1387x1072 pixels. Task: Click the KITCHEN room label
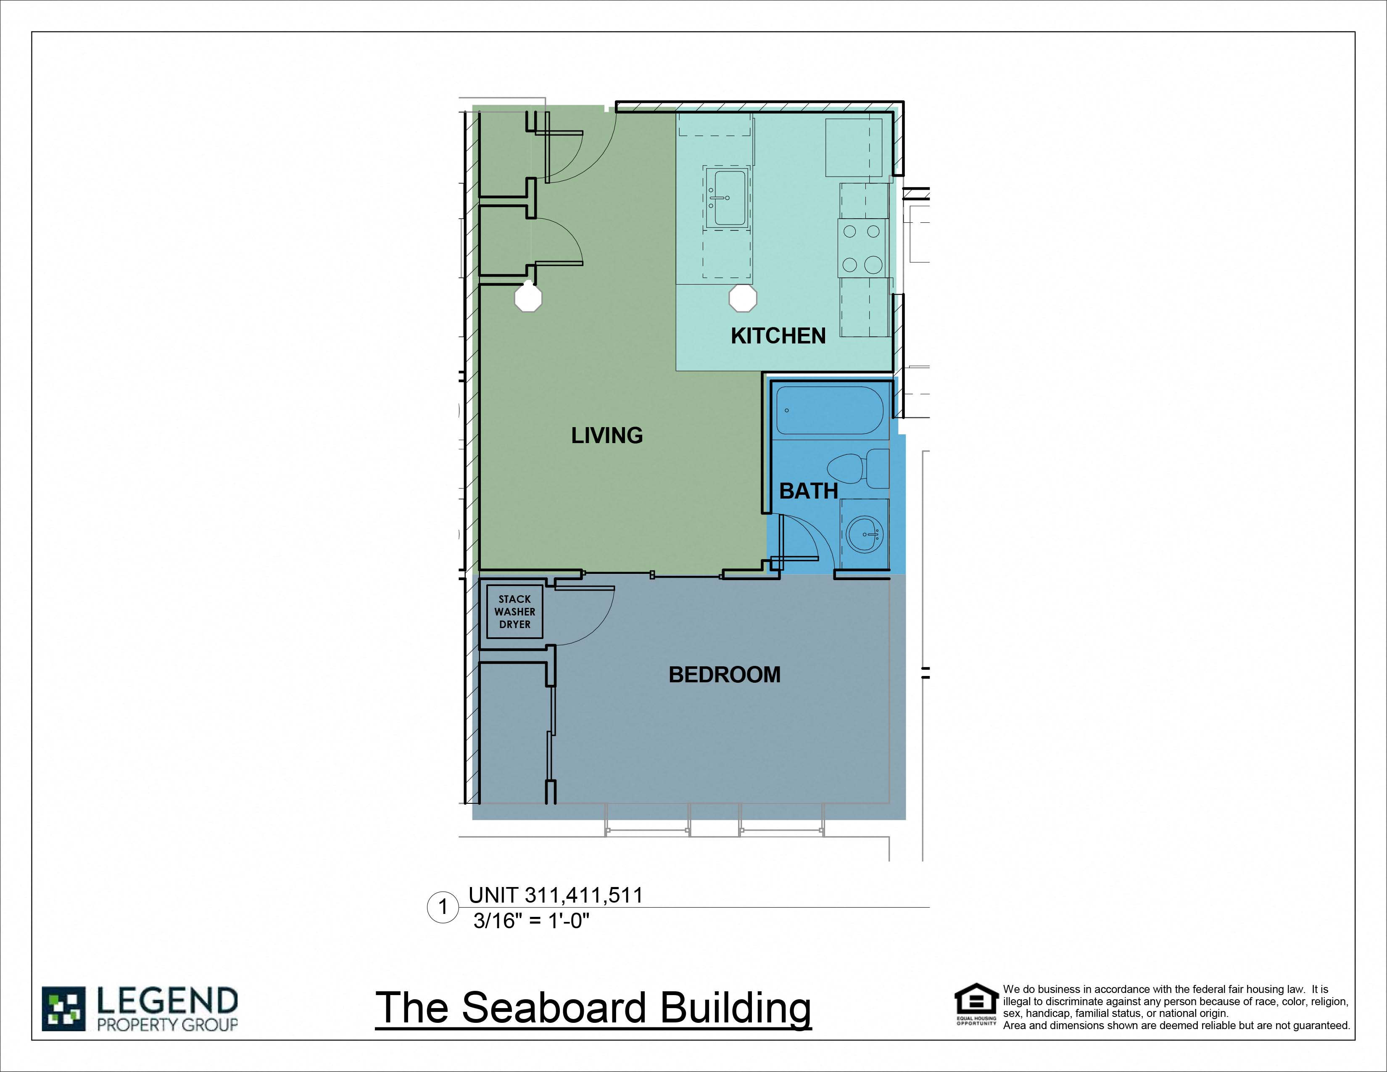[778, 336]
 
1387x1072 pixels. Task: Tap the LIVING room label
[606, 436]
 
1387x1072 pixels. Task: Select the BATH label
[808, 491]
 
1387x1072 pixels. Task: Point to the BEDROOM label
[725, 674]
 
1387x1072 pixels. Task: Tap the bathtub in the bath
[829, 410]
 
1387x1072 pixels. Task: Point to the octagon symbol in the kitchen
[742, 298]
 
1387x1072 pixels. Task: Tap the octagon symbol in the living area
[528, 298]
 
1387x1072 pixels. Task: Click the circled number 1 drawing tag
[443, 907]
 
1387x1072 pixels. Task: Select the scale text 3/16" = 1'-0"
[532, 920]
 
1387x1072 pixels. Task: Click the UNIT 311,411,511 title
[556, 895]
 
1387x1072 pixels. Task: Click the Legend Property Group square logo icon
[63, 1009]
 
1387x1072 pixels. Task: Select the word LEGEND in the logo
[167, 1001]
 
